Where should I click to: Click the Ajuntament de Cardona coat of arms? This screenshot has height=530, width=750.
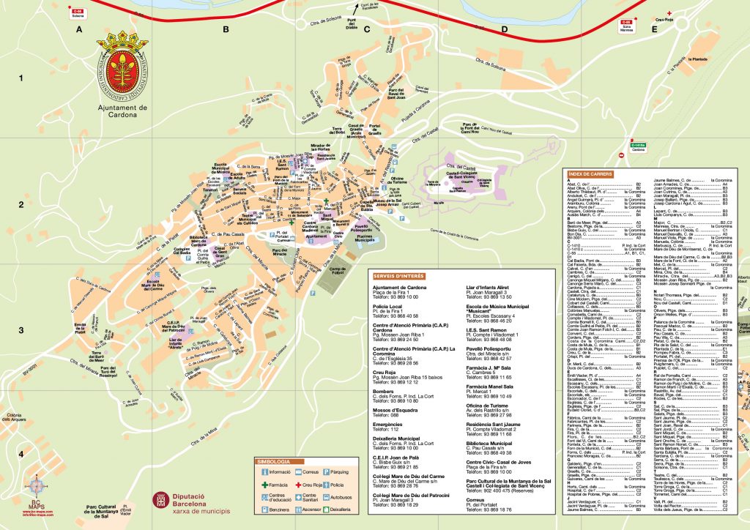[123, 72]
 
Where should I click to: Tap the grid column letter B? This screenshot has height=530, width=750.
[226, 29]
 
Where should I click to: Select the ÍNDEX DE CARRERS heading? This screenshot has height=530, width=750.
[590, 173]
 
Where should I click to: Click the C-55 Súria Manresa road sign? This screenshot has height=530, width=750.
[625, 25]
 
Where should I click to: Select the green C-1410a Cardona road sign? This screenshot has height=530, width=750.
[636, 146]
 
